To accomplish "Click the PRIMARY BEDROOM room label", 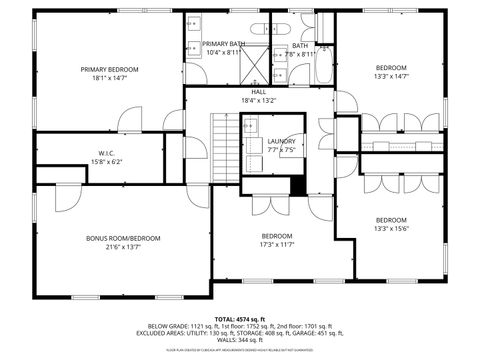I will point(110,69).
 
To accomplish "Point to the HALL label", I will point(258,91).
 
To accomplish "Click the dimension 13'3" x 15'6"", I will point(391,228).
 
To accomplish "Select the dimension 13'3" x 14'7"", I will point(391,76).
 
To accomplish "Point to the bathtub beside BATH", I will point(324,70).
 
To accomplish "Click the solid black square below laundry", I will point(297,185).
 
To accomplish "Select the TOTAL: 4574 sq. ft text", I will point(239,318).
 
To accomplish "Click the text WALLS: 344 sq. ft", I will point(239,342).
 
